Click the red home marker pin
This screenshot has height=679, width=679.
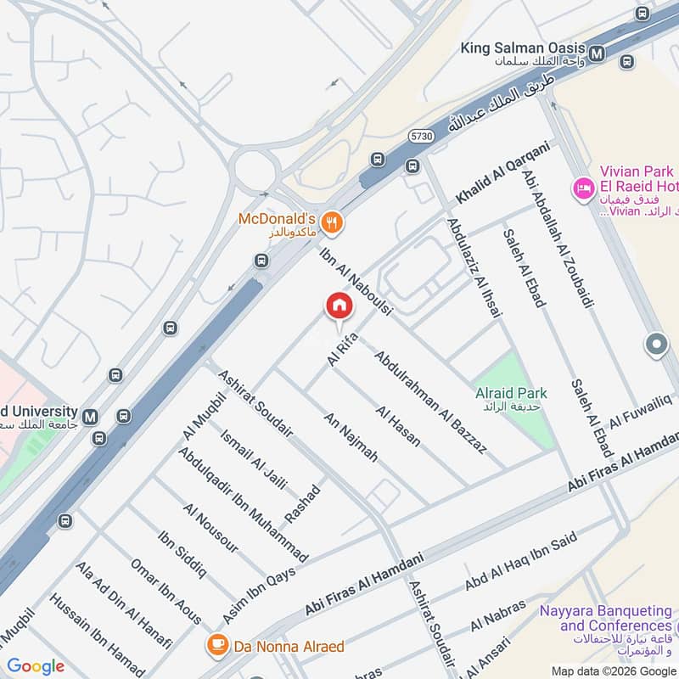point(339,306)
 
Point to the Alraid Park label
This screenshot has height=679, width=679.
point(511,393)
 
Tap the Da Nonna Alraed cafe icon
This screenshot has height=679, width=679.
point(218,646)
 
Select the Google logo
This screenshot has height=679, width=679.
point(36,666)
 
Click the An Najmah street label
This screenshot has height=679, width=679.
point(351,437)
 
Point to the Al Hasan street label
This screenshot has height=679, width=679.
point(398,425)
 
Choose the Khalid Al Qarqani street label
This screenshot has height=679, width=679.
point(503,171)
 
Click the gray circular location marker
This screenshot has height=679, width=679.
point(656,345)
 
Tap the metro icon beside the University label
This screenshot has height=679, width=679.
point(91,416)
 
